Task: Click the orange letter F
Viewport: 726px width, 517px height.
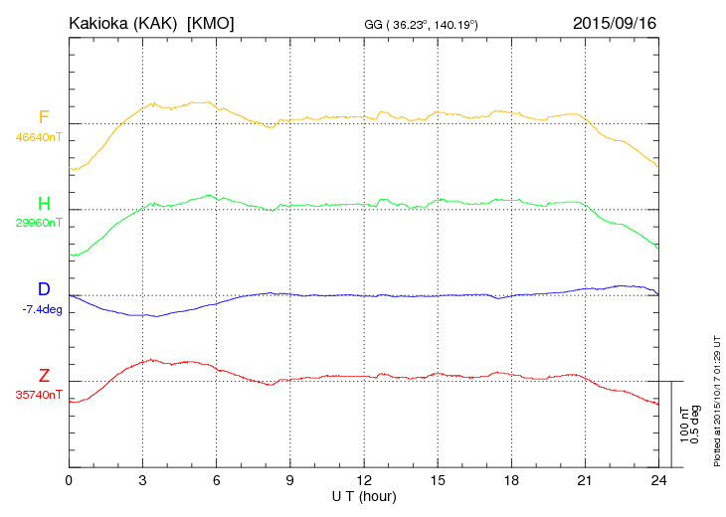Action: (x=44, y=117)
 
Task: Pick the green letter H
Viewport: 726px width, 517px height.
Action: (x=44, y=204)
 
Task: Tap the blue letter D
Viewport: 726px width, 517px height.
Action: (x=44, y=289)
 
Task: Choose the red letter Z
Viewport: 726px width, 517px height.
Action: (x=44, y=376)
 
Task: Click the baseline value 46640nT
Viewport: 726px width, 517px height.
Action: (x=38, y=137)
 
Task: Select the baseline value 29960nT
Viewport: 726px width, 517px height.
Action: (x=38, y=223)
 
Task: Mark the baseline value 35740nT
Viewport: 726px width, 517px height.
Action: (x=38, y=395)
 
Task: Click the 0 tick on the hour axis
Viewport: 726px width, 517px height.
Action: (x=69, y=480)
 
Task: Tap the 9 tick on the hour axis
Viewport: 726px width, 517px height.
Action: (x=289, y=480)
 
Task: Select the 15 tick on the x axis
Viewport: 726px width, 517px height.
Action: (x=437, y=480)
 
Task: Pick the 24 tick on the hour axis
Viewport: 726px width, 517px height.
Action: (x=657, y=480)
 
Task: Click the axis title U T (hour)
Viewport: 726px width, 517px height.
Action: (x=364, y=495)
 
